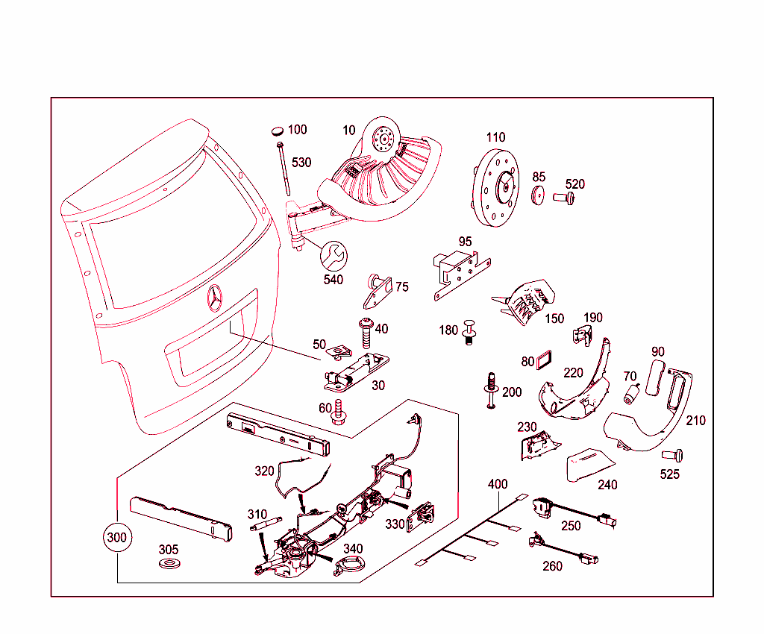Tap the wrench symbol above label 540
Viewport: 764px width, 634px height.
(x=333, y=256)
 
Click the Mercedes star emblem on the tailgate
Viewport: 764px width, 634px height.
(x=215, y=298)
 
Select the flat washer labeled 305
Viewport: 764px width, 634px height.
(x=169, y=561)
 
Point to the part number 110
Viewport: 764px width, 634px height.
(x=495, y=137)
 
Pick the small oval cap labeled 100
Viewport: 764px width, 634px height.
(x=278, y=131)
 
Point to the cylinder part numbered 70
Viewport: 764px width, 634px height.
(x=633, y=393)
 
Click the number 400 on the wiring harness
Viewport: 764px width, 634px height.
(x=498, y=484)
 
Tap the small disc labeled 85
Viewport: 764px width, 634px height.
(x=538, y=195)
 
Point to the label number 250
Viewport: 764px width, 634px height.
(x=571, y=526)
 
